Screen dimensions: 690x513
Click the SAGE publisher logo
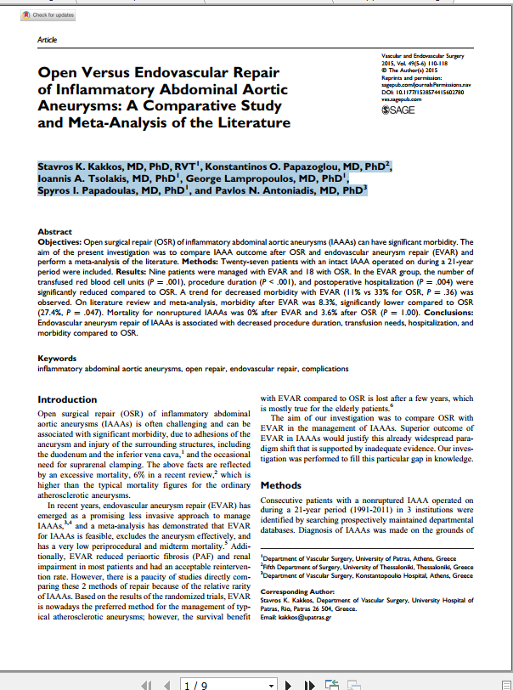click(399, 109)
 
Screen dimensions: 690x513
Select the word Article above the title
click(48, 40)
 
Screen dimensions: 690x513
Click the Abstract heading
click(55, 231)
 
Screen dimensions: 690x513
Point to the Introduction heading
click(68, 399)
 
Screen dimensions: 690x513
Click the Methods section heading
click(281, 485)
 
